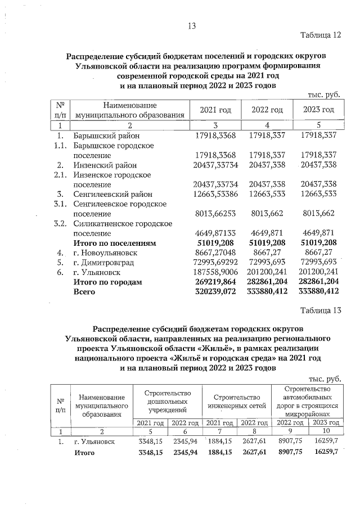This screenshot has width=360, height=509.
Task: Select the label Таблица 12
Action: [321, 35]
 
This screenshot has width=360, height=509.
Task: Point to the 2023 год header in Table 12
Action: [318, 110]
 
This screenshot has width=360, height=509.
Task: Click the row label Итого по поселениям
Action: [114, 243]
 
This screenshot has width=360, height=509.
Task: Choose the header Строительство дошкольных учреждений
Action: [168, 401]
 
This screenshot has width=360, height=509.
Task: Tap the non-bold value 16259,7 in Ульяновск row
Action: [327, 442]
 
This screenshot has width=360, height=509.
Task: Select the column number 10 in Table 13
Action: [327, 431]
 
